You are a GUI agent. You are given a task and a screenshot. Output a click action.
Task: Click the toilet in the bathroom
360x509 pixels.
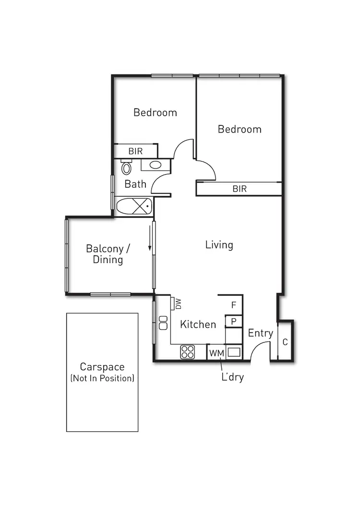click(x=126, y=168)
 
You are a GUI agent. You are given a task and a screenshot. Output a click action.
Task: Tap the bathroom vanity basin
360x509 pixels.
click(x=155, y=165)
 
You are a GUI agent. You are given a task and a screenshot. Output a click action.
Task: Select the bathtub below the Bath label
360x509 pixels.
click(x=134, y=207)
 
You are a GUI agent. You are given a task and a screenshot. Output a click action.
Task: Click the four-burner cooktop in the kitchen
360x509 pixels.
click(x=187, y=352)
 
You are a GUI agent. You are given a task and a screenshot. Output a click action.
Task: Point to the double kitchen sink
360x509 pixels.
click(x=162, y=323)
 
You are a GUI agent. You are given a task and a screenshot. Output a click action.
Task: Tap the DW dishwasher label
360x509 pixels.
click(x=178, y=303)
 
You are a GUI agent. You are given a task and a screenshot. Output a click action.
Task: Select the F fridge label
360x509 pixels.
click(x=234, y=305)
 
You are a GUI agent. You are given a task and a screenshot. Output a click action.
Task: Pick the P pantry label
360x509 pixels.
click(x=234, y=321)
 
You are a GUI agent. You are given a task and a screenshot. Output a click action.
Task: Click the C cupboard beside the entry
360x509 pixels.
click(x=285, y=342)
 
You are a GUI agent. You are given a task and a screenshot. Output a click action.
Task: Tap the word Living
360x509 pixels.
click(x=219, y=245)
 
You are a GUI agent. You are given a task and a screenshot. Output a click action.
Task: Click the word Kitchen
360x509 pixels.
click(x=198, y=325)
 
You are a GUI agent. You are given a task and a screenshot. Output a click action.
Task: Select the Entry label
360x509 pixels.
click(x=261, y=333)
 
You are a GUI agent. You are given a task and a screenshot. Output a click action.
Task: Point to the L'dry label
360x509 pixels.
click(x=232, y=377)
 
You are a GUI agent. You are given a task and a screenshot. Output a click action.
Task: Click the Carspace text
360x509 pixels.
click(x=102, y=367)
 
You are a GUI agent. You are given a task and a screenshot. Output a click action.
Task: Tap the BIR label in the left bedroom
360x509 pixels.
click(x=135, y=151)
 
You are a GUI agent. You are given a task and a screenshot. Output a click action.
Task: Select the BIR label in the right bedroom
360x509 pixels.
click(x=240, y=189)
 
